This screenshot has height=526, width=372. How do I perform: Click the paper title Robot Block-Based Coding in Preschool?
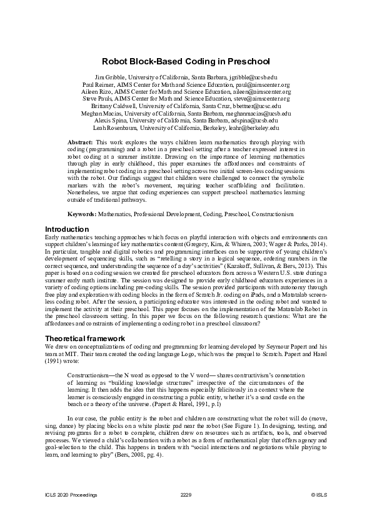click(186, 62)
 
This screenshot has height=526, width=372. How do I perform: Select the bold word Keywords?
click(82, 214)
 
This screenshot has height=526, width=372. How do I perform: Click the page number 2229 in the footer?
click(186, 495)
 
